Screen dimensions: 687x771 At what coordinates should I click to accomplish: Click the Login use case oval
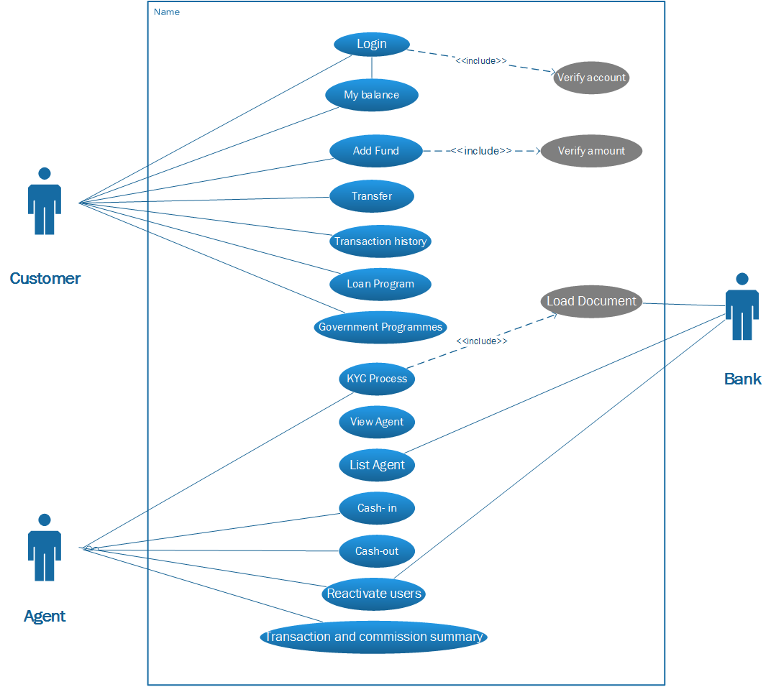[x=371, y=44]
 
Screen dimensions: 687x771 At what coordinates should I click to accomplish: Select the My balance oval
[x=371, y=95]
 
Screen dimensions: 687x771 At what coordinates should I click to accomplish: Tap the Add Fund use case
[x=375, y=151]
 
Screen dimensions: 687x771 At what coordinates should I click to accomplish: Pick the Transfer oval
[x=372, y=196]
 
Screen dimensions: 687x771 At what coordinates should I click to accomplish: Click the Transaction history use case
[x=380, y=241]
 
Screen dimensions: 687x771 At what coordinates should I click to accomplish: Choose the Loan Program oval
[x=380, y=284]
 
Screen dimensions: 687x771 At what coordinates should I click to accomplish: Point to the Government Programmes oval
[x=380, y=327]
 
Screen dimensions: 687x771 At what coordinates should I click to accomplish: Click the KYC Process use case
[x=377, y=379]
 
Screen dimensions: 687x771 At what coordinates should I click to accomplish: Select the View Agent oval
[x=377, y=422]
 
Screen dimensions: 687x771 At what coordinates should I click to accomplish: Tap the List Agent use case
[x=377, y=465]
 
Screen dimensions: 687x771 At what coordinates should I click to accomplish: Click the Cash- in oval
[x=377, y=508]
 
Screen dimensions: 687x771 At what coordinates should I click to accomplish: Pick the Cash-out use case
[x=377, y=551]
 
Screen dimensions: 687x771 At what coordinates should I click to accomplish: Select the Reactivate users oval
[x=374, y=594]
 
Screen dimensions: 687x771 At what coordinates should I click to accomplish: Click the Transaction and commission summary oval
[x=373, y=637]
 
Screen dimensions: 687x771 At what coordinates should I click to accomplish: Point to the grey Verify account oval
[x=591, y=78]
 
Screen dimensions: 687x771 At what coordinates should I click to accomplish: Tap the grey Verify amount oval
[x=591, y=151]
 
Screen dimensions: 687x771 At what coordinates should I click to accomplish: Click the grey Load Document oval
[x=591, y=301]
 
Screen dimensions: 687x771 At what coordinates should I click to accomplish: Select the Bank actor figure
[x=742, y=307]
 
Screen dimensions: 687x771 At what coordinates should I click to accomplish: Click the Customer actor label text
[x=45, y=278]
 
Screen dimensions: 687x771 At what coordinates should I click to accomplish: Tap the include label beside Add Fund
[x=481, y=151]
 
